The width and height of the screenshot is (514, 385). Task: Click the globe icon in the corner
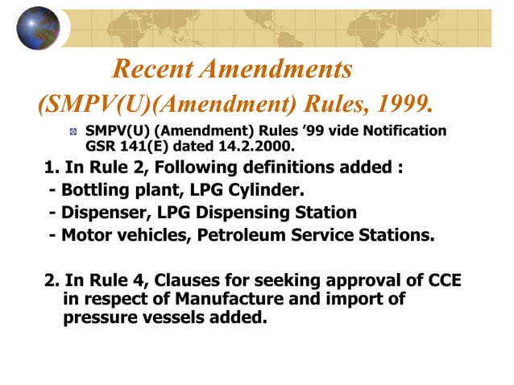coord(38,28)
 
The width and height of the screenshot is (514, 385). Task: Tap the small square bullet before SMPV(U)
coord(73,130)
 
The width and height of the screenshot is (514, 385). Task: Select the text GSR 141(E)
coord(125,147)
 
